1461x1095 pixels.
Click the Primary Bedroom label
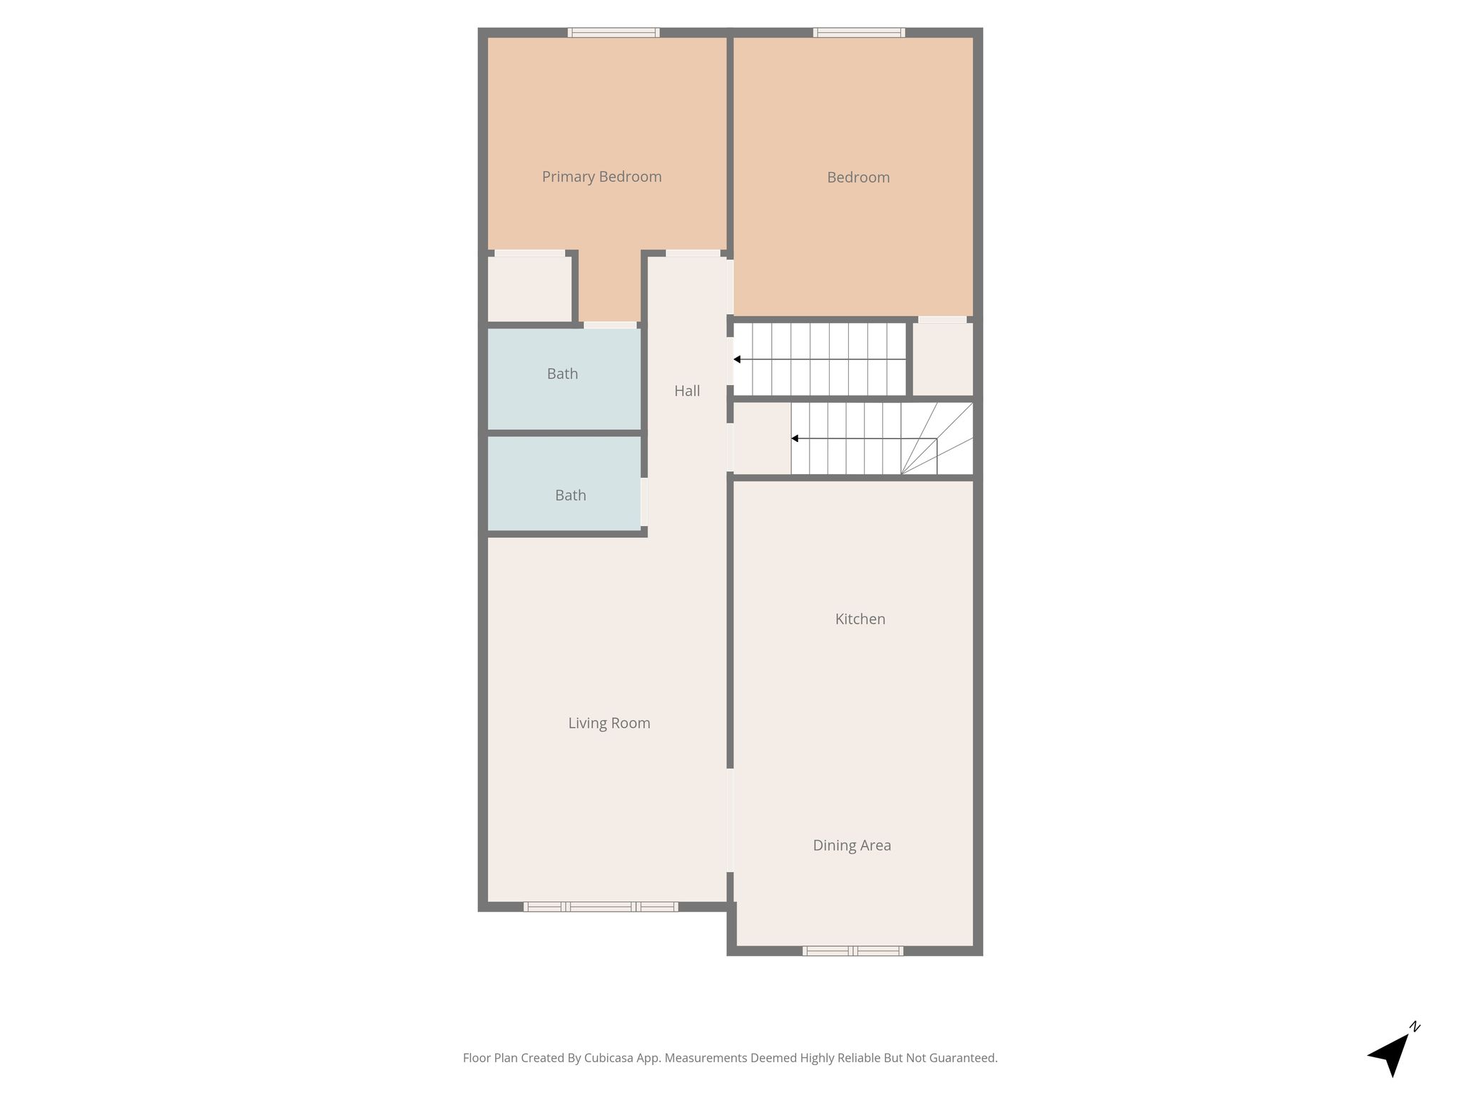[601, 177]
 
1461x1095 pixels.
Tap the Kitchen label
[860, 619]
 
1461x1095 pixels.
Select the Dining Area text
[852, 845]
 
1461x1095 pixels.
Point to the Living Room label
[609, 723]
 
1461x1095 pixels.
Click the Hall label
[687, 391]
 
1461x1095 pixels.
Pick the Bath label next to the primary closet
[562, 374]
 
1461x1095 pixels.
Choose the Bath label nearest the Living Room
[571, 495]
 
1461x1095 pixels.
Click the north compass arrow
[1391, 1053]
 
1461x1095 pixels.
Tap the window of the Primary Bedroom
[614, 32]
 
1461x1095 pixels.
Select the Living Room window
[601, 907]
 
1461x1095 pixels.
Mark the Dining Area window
[852, 950]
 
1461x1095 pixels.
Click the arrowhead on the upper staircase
[737, 359]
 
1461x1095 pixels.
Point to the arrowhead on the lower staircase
[795, 438]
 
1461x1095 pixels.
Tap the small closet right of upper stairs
[943, 359]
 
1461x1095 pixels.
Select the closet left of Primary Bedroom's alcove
[529, 289]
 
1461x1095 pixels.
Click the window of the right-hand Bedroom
[859, 32]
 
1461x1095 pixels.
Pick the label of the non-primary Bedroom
[858, 178]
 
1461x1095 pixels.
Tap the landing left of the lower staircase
[762, 438]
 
